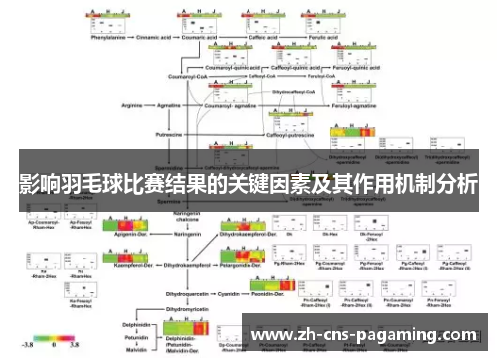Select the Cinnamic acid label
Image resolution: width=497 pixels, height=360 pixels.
point(180,41)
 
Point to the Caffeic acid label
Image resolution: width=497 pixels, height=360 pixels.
point(288,41)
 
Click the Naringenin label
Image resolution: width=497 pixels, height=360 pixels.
point(188,235)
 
